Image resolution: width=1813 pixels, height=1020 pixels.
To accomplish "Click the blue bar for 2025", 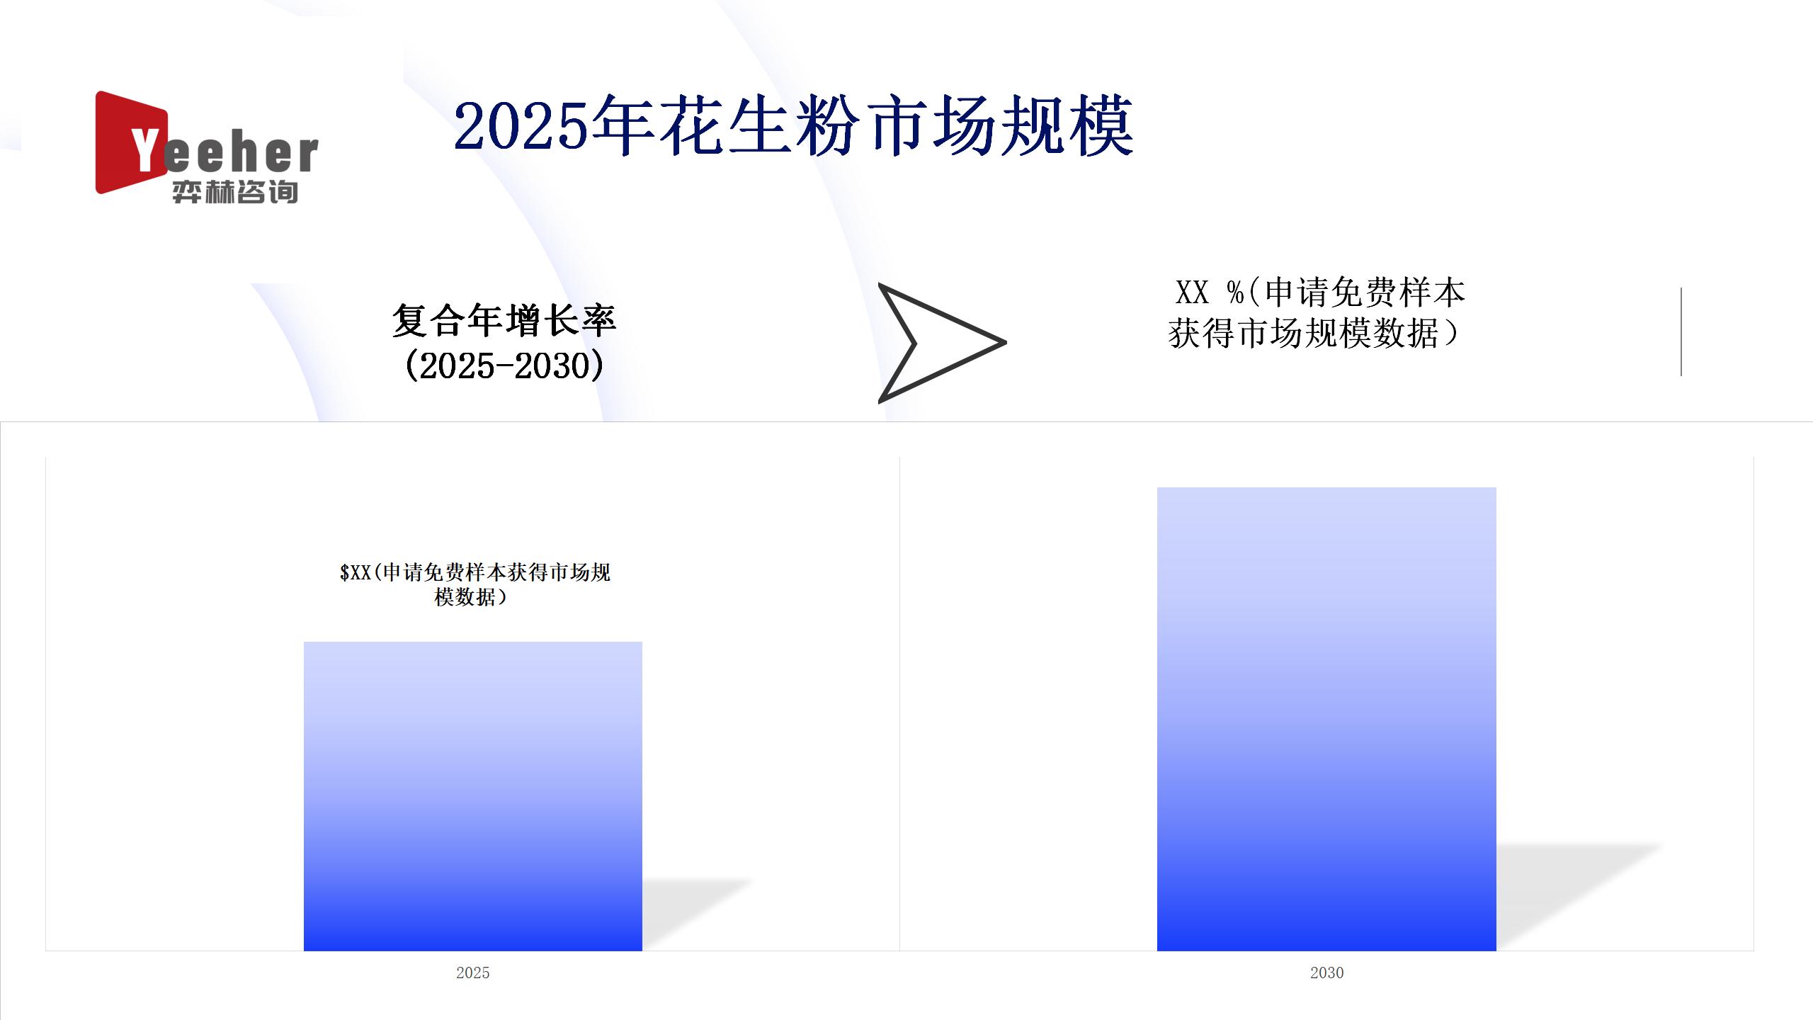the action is pyautogui.click(x=473, y=796).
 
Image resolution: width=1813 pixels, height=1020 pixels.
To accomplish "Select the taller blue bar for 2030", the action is pyautogui.click(x=1326, y=719).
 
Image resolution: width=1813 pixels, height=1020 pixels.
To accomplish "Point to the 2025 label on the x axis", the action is pyautogui.click(x=472, y=973).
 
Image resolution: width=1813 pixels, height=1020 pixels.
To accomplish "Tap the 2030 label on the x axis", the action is pyautogui.click(x=1326, y=973).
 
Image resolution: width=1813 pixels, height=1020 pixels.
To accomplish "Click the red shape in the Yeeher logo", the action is pyautogui.click(x=127, y=142).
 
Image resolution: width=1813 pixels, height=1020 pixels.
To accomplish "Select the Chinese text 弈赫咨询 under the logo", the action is pyautogui.click(x=235, y=192).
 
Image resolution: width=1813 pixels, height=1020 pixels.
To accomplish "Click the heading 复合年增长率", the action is pyautogui.click(x=504, y=320).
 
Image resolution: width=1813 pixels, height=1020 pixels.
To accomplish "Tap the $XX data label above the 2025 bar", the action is pyautogui.click(x=474, y=584).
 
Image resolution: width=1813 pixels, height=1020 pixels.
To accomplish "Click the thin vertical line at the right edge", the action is pyautogui.click(x=1681, y=331).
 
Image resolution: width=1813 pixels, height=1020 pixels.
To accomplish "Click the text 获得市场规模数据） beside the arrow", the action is pyautogui.click(x=1314, y=333).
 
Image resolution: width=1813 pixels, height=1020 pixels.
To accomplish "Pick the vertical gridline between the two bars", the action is pyautogui.click(x=899, y=704).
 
